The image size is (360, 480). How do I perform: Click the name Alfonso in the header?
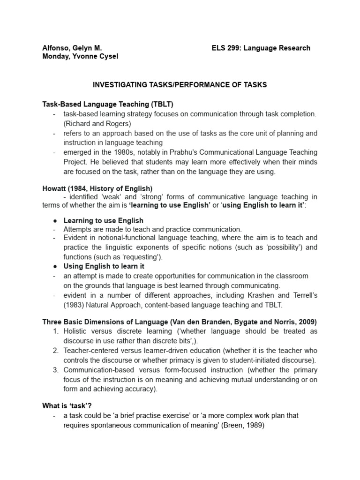[55, 48]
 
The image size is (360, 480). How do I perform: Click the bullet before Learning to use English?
[55, 221]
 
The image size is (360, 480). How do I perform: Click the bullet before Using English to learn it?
[55, 266]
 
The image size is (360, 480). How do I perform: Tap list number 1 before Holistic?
[55, 331]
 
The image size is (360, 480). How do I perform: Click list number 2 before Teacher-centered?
[55, 351]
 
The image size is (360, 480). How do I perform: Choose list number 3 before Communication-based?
[55, 370]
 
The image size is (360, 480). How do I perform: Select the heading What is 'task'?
[69, 406]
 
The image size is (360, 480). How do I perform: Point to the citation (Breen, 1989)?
[269, 425]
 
